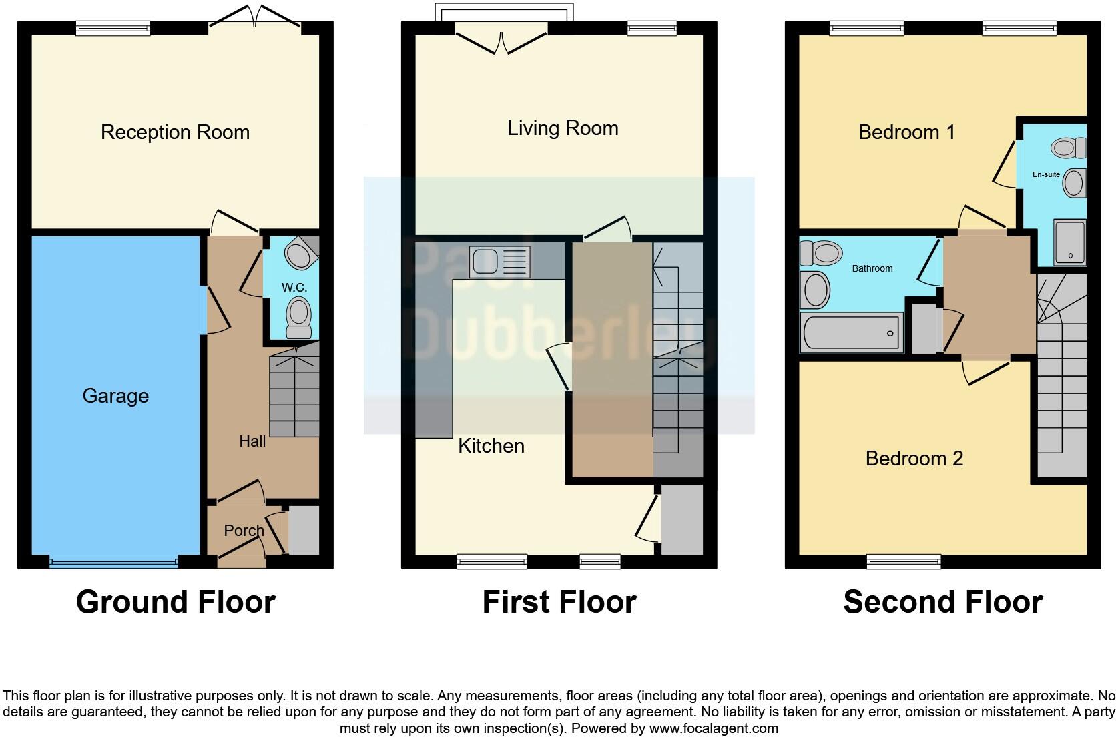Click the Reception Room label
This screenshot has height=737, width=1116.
175,132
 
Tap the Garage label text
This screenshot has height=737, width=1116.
115,396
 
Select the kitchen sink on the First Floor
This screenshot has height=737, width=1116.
499,262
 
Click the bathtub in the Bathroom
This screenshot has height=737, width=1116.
852,332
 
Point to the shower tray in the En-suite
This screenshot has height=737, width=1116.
1069,242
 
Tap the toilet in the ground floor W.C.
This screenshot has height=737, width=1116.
299,318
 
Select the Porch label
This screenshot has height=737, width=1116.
244,531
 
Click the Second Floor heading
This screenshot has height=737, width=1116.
942,602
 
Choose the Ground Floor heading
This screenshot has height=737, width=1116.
176,602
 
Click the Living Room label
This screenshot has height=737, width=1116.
563,128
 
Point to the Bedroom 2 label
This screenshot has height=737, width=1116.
914,459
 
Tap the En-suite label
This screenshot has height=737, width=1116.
1046,174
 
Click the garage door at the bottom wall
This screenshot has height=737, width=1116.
113,563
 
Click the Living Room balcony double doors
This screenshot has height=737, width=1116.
502,39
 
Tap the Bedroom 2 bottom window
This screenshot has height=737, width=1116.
904,562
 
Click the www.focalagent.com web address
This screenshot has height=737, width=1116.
714,728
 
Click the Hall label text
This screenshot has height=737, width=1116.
252,441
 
